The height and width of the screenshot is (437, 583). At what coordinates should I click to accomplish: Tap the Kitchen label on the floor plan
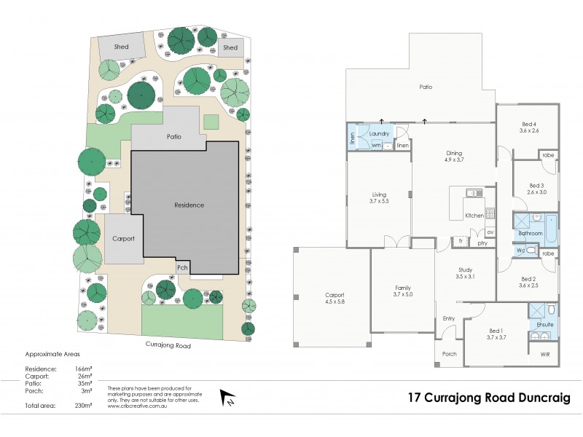click(474, 216)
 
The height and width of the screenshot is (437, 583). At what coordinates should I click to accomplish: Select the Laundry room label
click(380, 133)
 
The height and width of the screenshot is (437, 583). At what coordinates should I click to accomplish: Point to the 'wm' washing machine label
click(376, 145)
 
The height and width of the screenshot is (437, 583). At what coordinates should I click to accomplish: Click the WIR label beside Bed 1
click(545, 354)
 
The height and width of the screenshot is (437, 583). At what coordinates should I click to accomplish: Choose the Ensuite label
click(544, 324)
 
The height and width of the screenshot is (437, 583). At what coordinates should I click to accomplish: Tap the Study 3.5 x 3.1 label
click(465, 273)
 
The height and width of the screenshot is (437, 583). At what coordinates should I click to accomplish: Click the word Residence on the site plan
click(189, 205)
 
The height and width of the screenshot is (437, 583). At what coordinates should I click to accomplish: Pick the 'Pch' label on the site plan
click(183, 267)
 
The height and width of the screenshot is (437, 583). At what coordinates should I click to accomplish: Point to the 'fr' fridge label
click(461, 239)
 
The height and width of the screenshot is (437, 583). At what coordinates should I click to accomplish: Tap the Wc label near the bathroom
click(521, 251)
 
